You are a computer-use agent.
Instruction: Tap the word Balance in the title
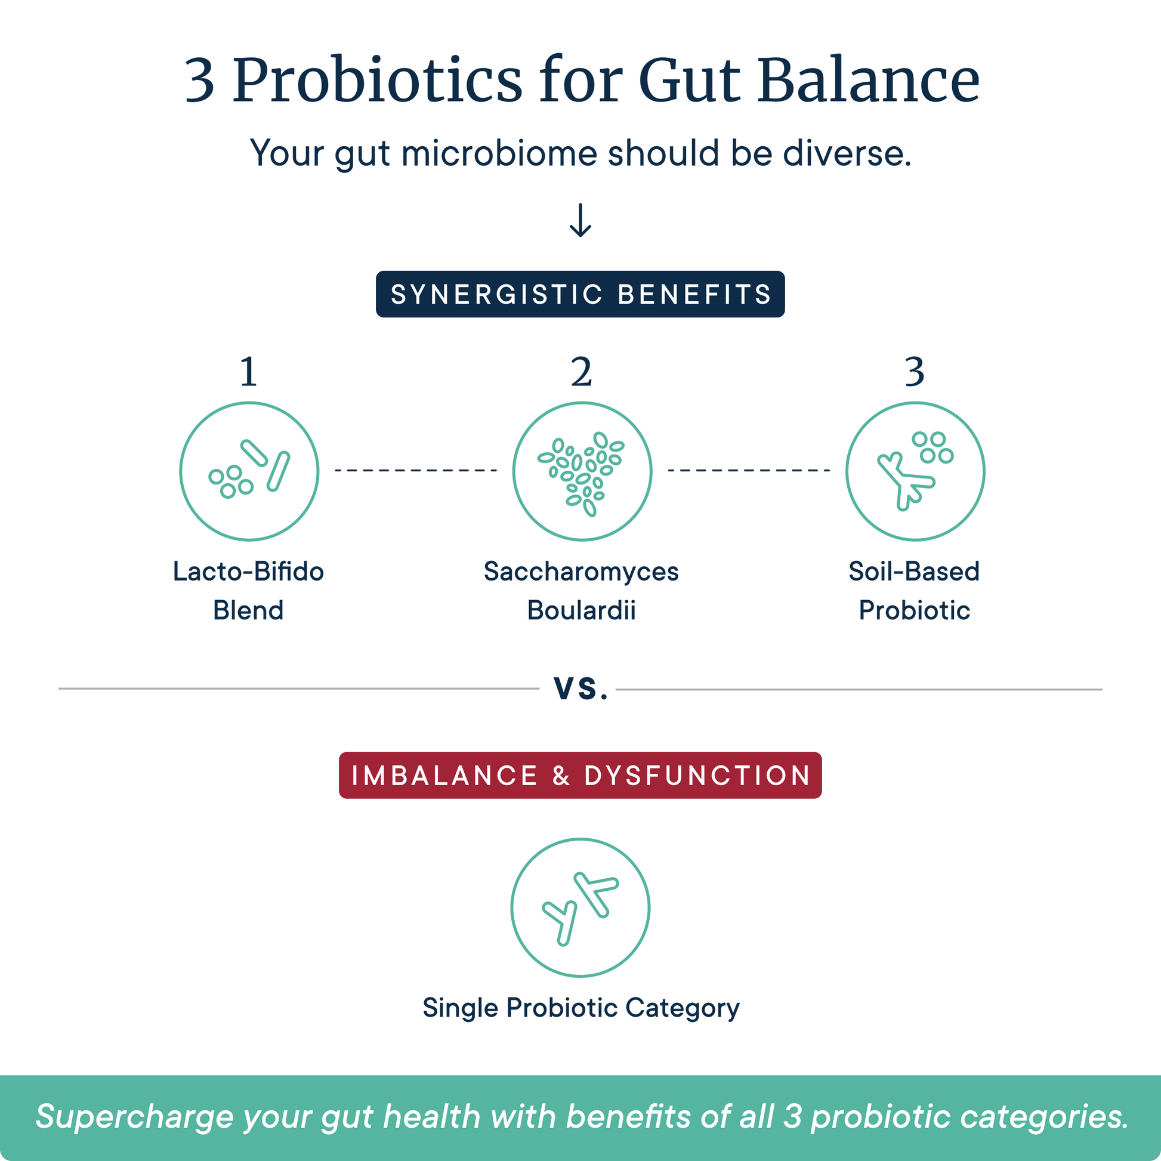868,81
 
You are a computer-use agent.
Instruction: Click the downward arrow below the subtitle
580,220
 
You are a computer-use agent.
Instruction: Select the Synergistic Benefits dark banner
580,294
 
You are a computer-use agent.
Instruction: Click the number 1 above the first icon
249,372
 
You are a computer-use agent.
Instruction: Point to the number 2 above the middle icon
581,372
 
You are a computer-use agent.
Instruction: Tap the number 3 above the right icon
915,372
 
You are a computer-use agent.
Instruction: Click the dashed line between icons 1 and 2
416,470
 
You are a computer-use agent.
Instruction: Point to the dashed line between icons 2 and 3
749,470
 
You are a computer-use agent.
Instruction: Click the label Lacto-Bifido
248,571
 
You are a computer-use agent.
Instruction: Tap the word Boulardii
581,610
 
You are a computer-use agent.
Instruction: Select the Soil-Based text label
914,571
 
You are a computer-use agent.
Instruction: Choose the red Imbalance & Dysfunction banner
580,775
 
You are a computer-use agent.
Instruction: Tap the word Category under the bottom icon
683,1009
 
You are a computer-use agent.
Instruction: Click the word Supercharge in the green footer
134,1117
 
